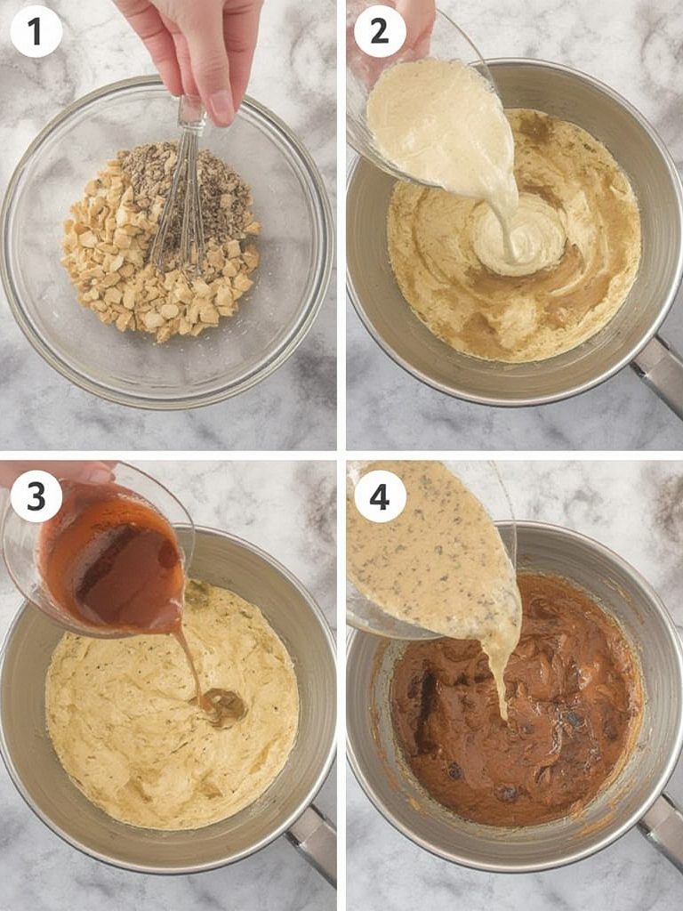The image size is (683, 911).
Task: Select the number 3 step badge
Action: pyautogui.click(x=36, y=496)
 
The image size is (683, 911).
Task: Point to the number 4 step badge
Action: pyautogui.click(x=380, y=496)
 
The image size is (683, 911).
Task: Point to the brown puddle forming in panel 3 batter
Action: pyautogui.click(x=224, y=706)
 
